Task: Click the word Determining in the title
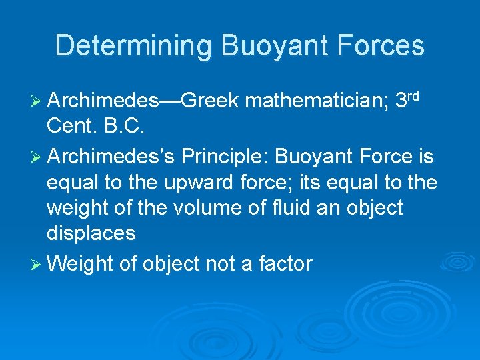(x=133, y=45)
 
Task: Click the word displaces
(x=91, y=233)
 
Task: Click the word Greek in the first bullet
(x=209, y=101)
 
